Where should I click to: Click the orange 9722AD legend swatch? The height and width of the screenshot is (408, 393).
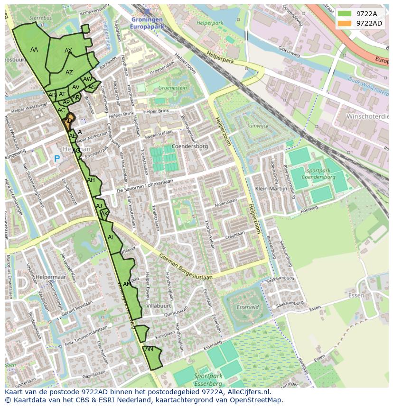click(x=345, y=23)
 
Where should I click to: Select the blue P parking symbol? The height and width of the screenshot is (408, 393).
click(x=57, y=159)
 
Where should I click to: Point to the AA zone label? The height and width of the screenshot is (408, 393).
click(x=34, y=49)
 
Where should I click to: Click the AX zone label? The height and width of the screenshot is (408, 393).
click(x=68, y=51)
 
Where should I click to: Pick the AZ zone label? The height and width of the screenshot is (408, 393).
click(x=69, y=73)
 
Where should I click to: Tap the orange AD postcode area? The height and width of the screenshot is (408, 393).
click(x=69, y=120)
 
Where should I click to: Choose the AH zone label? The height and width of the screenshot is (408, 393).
click(x=91, y=180)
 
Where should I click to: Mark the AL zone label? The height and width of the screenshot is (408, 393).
click(x=111, y=237)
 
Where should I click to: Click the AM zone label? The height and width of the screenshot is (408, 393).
click(x=127, y=284)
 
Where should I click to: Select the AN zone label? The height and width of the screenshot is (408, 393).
click(x=149, y=349)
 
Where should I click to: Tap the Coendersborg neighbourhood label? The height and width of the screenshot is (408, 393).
click(x=189, y=146)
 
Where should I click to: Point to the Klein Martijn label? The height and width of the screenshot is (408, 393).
click(x=271, y=188)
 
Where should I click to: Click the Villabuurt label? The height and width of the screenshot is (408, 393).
click(x=159, y=306)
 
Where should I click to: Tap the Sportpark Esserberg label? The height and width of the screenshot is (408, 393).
click(x=208, y=379)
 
